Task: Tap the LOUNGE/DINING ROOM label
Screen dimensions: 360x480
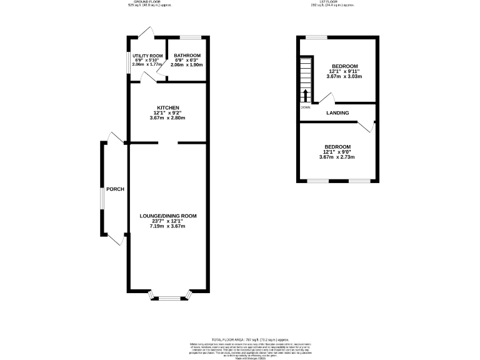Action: [168, 216]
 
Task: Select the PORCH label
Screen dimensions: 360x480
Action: [115, 189]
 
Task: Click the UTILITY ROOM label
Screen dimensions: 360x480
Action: [147, 56]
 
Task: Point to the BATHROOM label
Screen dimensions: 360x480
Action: [187, 56]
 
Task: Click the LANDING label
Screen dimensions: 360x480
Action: [337, 112]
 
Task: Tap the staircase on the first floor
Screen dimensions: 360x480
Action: [305, 79]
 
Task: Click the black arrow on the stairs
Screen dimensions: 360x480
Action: [305, 95]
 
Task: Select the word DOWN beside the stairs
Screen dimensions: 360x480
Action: [305, 107]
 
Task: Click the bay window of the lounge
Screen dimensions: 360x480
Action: [168, 298]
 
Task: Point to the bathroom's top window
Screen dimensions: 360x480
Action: [189, 38]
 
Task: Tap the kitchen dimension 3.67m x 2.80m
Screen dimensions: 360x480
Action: [168, 118]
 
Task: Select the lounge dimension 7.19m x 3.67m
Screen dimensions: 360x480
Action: [168, 226]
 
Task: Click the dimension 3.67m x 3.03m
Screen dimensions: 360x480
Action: [344, 76]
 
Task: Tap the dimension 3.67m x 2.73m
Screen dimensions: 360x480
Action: [337, 157]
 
